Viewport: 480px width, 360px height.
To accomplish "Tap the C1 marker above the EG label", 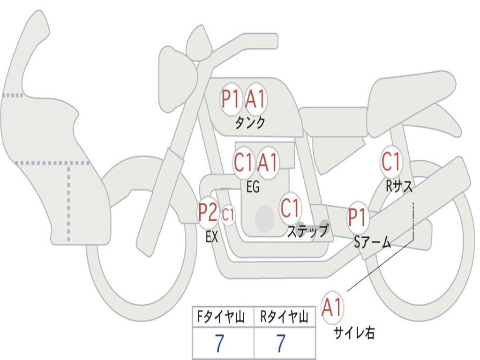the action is [x=243, y=163].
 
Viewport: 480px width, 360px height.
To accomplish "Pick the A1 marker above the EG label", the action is [x=268, y=163].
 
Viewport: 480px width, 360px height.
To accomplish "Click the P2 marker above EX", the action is [x=208, y=213].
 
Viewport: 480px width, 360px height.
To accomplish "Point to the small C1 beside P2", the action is [x=228, y=215].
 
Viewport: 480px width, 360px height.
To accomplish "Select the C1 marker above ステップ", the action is [x=290, y=208].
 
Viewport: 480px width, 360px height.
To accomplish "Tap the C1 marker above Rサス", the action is [x=391, y=162].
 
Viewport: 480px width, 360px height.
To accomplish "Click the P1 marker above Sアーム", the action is [x=357, y=217].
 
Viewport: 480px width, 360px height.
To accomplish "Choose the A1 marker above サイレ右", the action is [x=332, y=307].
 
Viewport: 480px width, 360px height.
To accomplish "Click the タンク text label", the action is [x=250, y=123].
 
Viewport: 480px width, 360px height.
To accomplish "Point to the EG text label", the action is [x=253, y=187].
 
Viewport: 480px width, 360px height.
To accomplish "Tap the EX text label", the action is [x=212, y=237].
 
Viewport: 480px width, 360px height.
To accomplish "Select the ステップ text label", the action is [x=308, y=231].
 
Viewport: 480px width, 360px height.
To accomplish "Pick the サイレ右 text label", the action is [x=354, y=333].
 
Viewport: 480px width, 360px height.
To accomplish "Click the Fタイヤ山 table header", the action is [x=221, y=316].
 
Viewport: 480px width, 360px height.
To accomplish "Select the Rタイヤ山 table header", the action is [x=285, y=316].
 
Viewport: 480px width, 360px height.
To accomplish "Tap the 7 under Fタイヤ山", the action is [x=219, y=343].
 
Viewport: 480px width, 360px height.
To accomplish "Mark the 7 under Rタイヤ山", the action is [x=281, y=343].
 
